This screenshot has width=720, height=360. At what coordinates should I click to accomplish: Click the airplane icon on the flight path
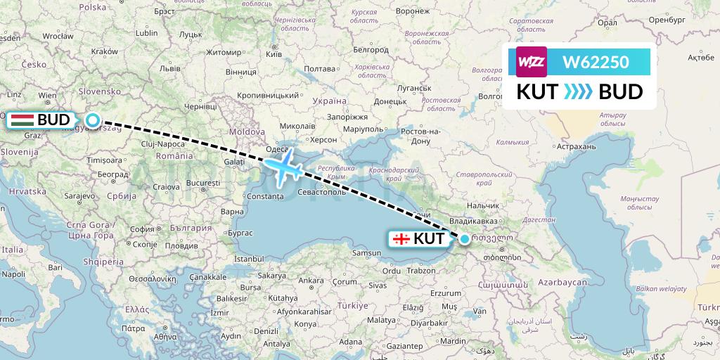pyautogui.click(x=284, y=168)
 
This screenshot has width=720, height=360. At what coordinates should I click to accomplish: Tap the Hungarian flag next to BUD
pyautogui.click(x=22, y=120)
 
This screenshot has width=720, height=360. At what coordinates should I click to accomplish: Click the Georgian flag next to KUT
pyautogui.click(x=401, y=239)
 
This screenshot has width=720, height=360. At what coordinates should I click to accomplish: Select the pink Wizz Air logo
pyautogui.click(x=532, y=62)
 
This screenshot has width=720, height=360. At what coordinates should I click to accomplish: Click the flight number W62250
pyautogui.click(x=596, y=63)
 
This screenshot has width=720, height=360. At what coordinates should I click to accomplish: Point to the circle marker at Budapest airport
pyautogui.click(x=92, y=120)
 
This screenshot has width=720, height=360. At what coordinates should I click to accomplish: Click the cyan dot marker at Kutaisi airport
pyautogui.click(x=464, y=239)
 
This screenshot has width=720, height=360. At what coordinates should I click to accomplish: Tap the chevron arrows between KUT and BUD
pyautogui.click(x=579, y=92)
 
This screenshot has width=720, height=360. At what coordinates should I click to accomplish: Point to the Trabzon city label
pyautogui.click(x=421, y=270)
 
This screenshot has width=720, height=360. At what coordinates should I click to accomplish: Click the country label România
pyautogui.click(x=175, y=155)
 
